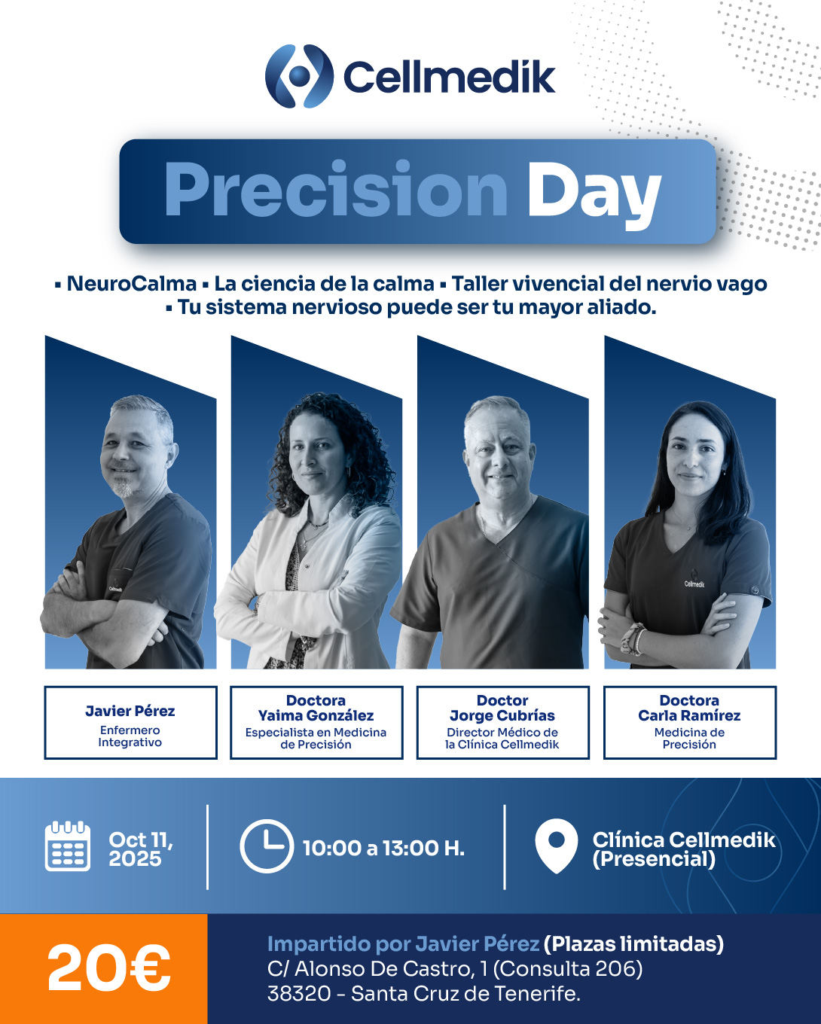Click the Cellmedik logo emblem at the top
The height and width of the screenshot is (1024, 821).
(x=299, y=76)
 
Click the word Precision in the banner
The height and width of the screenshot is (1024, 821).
(x=335, y=190)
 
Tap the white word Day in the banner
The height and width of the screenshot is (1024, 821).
(x=594, y=196)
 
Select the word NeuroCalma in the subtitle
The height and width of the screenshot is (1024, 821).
(x=131, y=284)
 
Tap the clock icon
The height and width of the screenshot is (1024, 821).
(x=267, y=846)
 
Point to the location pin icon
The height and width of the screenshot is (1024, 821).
(x=556, y=846)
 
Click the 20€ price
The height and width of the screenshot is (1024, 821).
(x=109, y=968)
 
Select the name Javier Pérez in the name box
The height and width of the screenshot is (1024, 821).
(x=130, y=711)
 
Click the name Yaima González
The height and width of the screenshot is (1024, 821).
(x=316, y=715)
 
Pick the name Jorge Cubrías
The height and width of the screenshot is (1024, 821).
(x=502, y=715)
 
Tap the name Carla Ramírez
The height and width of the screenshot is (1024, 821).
(x=689, y=715)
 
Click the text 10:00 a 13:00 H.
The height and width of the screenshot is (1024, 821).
(x=383, y=848)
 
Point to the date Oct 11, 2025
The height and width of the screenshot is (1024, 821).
(x=141, y=849)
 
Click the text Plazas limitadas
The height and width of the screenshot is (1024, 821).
(x=633, y=944)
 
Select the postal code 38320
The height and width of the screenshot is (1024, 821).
(x=299, y=994)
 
